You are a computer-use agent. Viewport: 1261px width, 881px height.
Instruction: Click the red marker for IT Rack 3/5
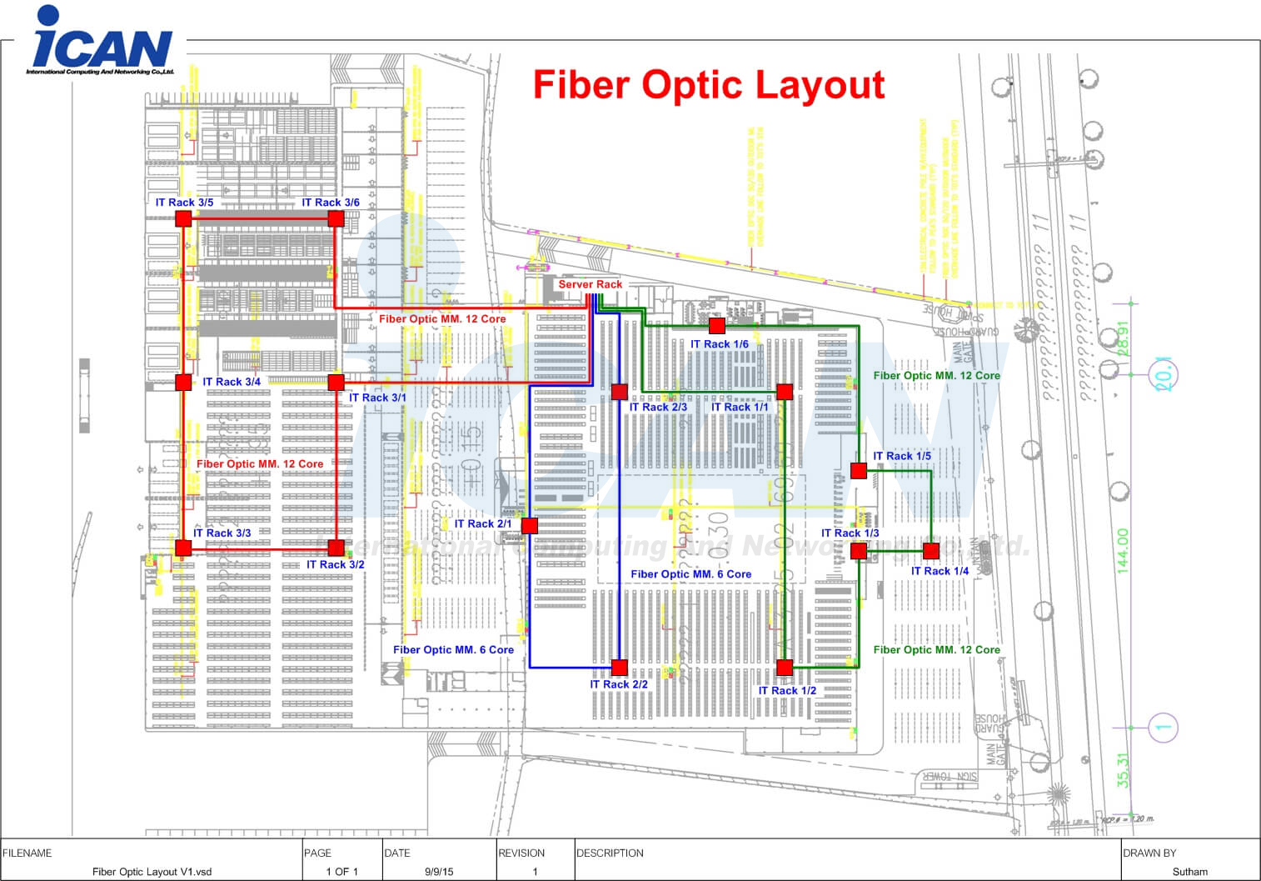(x=183, y=218)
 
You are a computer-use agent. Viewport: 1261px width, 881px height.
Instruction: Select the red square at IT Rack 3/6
(x=336, y=218)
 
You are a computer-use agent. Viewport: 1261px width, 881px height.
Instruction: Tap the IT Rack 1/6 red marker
(x=716, y=325)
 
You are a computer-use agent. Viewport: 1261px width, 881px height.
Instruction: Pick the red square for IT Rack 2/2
(x=619, y=667)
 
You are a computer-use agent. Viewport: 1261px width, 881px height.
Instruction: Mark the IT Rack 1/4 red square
(x=930, y=550)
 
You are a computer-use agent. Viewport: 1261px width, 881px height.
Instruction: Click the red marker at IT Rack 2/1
(x=529, y=525)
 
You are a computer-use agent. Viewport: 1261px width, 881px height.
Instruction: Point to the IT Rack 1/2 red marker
(x=784, y=667)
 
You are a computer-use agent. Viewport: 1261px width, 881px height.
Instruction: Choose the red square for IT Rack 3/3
(x=183, y=548)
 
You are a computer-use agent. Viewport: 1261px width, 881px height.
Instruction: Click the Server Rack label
(x=590, y=284)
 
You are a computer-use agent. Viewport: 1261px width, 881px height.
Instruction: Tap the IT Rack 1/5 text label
(x=902, y=456)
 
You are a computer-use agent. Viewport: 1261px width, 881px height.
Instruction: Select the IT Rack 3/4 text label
(x=232, y=382)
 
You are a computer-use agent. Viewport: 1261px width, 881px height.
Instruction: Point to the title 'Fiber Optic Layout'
(x=708, y=85)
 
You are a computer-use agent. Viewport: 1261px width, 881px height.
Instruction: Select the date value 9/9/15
(x=439, y=872)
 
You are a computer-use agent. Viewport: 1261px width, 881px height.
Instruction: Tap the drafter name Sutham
(x=1189, y=872)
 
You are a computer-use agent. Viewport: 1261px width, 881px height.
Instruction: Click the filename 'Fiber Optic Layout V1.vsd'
(x=152, y=872)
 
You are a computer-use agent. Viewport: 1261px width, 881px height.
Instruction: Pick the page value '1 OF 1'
(x=341, y=872)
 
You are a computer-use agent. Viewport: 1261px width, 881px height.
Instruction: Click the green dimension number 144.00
(x=1123, y=550)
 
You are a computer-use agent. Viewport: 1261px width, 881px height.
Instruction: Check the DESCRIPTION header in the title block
(x=610, y=853)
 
